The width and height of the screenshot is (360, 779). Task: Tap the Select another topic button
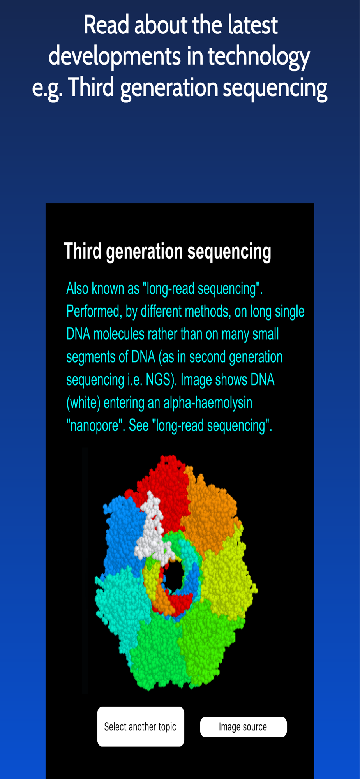(141, 726)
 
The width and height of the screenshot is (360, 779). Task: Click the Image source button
(244, 727)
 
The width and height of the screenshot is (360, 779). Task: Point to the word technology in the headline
(259, 57)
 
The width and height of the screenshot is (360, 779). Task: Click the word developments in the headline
(115, 57)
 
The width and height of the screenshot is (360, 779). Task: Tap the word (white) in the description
(83, 403)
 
